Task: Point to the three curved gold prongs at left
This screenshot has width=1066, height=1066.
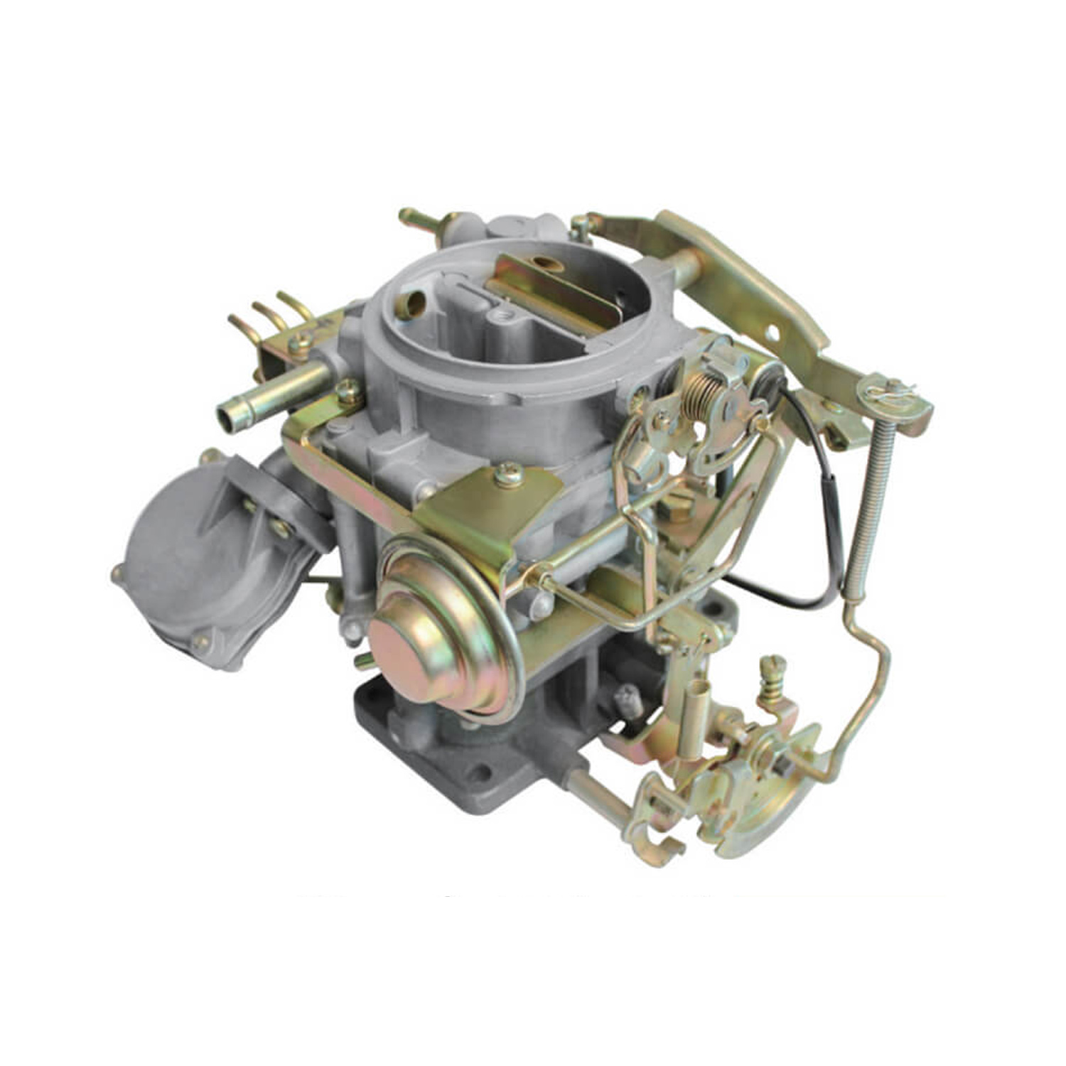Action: pos(274,313)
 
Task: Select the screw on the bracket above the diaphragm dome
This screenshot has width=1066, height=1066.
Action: pos(509,474)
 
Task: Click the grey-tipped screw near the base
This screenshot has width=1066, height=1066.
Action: pos(627,700)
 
